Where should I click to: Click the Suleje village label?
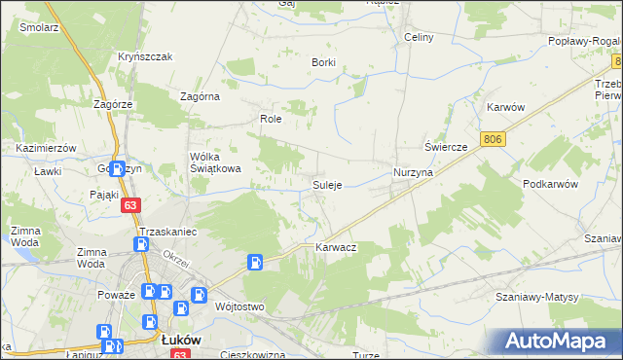[x=326, y=185]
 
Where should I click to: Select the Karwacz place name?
[x=336, y=248]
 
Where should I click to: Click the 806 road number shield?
[x=493, y=141]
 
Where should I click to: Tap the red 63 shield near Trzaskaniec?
[x=130, y=205]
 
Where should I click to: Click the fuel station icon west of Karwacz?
[x=254, y=261]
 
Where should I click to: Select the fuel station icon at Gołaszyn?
[x=118, y=169]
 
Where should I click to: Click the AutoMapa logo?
[x=556, y=342]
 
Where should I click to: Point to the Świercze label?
[x=446, y=146]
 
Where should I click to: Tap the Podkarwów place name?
[x=550, y=184]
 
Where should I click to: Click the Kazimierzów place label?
[x=47, y=147]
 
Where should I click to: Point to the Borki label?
[x=323, y=62]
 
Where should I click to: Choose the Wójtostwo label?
[x=239, y=306]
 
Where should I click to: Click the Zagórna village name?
[x=201, y=96]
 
